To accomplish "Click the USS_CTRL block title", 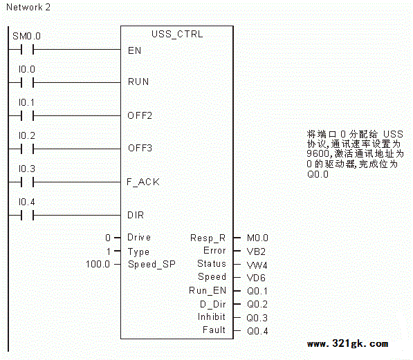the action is click(x=177, y=35).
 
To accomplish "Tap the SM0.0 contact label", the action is click(x=26, y=36).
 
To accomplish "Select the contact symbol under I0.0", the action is click(x=28, y=83).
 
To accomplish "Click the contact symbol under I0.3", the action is click(x=28, y=182).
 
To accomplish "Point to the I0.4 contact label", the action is click(x=26, y=202).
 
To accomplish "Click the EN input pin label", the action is click(x=135, y=50).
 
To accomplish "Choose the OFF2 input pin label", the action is click(x=140, y=115).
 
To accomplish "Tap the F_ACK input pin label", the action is click(x=143, y=182).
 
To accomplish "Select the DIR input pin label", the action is click(x=136, y=215).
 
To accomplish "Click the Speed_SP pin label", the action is click(x=152, y=264).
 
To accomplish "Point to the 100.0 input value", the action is click(x=98, y=264).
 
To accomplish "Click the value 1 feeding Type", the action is click(x=109, y=252).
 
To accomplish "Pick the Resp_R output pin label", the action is click(x=208, y=238).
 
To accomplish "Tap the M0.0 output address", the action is click(x=257, y=238).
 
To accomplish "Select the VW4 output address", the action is click(x=257, y=265).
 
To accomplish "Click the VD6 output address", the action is click(x=256, y=278).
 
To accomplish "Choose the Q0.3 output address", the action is click(x=257, y=318).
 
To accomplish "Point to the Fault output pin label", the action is click(x=214, y=330).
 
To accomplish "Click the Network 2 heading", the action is click(x=28, y=7).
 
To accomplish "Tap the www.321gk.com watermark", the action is click(x=347, y=343).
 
